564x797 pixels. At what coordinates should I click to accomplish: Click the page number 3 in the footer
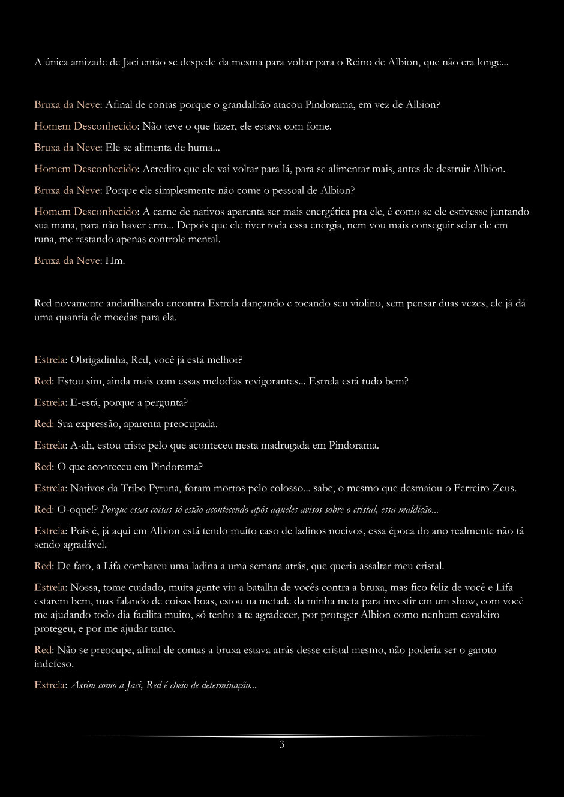tap(282, 745)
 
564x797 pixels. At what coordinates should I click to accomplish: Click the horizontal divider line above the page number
tap(282, 736)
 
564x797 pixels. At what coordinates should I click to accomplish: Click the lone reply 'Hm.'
tap(115, 261)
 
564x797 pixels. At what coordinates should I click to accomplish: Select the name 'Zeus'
tap(503, 488)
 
